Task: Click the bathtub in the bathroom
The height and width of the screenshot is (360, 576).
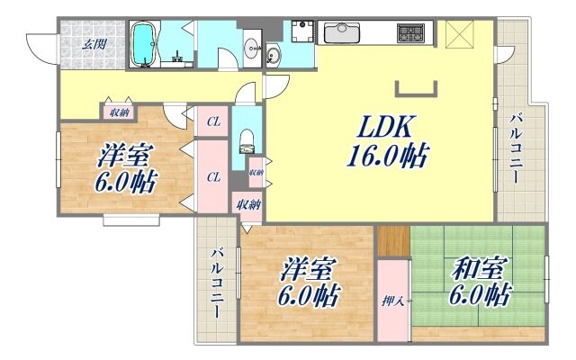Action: click(x=144, y=43)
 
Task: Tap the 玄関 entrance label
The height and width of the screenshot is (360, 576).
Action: click(x=94, y=42)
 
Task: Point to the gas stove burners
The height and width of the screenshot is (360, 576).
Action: click(x=412, y=33)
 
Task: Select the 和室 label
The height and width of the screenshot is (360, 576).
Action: click(x=477, y=267)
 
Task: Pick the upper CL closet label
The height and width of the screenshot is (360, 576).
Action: click(x=213, y=121)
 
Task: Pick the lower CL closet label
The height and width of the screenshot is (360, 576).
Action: click(x=213, y=177)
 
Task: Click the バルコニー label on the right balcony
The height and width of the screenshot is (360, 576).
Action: click(x=517, y=148)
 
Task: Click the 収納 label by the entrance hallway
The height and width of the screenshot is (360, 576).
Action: click(x=118, y=112)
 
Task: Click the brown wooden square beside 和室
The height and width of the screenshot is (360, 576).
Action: click(x=393, y=242)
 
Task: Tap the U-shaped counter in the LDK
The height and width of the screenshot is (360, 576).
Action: click(x=417, y=88)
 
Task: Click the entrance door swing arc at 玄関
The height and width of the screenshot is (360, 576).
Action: click(x=41, y=45)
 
